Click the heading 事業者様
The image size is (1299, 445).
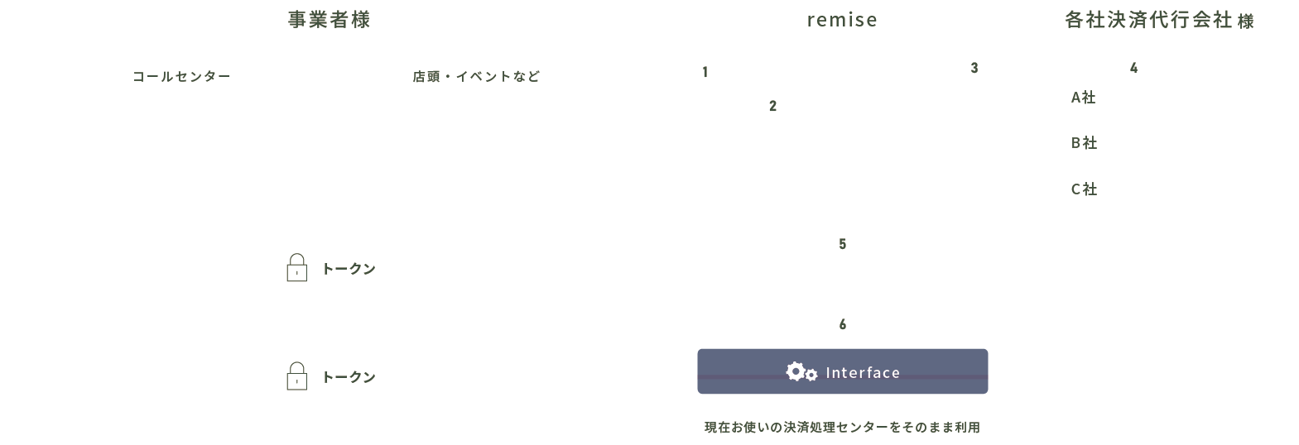(329, 20)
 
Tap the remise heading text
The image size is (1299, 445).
(842, 20)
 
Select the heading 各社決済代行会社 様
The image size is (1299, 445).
(1159, 21)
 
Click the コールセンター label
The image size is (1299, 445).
(181, 77)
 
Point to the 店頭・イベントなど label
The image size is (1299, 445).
(476, 77)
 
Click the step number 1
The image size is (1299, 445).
(705, 73)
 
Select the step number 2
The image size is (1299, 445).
(772, 106)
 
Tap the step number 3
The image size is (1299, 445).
(974, 69)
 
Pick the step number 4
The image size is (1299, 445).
(1133, 69)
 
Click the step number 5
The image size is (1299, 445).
(842, 244)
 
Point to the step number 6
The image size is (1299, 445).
(842, 325)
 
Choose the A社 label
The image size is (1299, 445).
(1083, 98)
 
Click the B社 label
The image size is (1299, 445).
(1083, 143)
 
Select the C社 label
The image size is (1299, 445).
(1083, 189)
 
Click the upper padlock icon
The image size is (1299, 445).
(296, 268)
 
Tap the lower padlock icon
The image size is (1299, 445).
(296, 376)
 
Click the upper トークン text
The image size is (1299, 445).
(349, 269)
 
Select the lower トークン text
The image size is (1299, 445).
(349, 377)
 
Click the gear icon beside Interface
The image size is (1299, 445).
(801, 372)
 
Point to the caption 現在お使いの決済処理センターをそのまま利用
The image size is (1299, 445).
(842, 428)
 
